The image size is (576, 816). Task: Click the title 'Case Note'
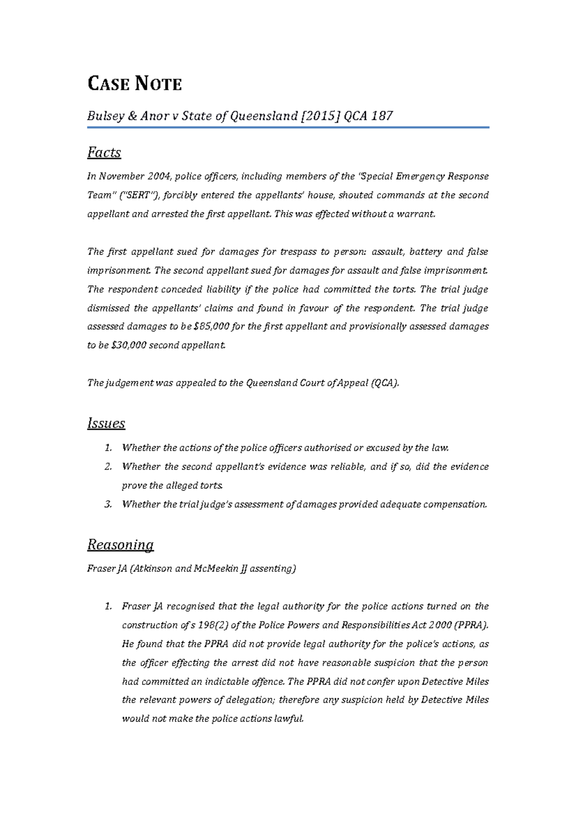coord(134,84)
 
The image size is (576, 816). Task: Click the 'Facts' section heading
coord(104,152)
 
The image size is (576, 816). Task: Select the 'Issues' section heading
coord(106,423)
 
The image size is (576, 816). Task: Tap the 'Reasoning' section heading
coord(120,544)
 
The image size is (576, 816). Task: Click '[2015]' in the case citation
coord(320,116)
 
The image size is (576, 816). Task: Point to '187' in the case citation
coord(382,116)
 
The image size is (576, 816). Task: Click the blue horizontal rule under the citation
coord(288,127)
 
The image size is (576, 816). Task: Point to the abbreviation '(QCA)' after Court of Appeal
coord(385,383)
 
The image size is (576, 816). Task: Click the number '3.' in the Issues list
coord(108,504)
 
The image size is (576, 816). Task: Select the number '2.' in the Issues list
coord(108,467)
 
